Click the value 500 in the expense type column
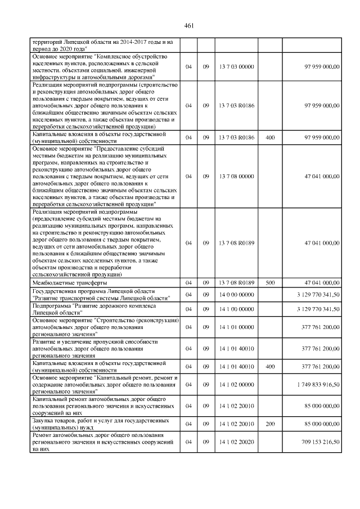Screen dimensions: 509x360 pos(269,282)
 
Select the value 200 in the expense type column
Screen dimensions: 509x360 pos(269,424)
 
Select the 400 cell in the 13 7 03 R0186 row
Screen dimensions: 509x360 pos(269,138)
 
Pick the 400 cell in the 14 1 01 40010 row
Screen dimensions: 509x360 pos(269,366)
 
